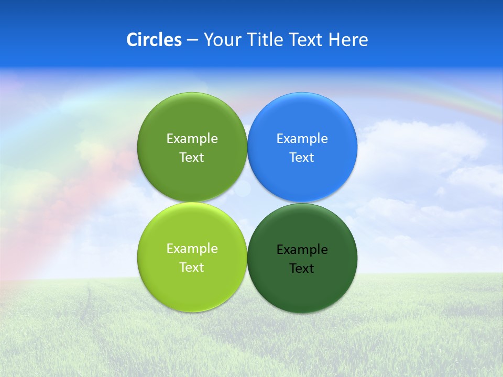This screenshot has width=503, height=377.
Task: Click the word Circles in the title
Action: pyautogui.click(x=154, y=40)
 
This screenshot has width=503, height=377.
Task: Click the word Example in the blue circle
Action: pyautogui.click(x=302, y=139)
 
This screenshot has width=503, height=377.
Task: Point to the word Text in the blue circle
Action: pyautogui.click(x=302, y=158)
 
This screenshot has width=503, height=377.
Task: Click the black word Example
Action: pyautogui.click(x=302, y=250)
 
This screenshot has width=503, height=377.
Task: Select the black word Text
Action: pyautogui.click(x=302, y=269)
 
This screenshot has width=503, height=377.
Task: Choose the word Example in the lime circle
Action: pyautogui.click(x=192, y=249)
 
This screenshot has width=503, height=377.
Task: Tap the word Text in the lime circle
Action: pyautogui.click(x=192, y=268)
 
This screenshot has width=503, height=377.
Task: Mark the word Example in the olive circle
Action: pyautogui.click(x=192, y=139)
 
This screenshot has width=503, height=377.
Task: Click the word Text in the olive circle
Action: pyautogui.click(x=192, y=158)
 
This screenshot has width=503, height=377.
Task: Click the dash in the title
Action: pyautogui.click(x=192, y=40)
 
